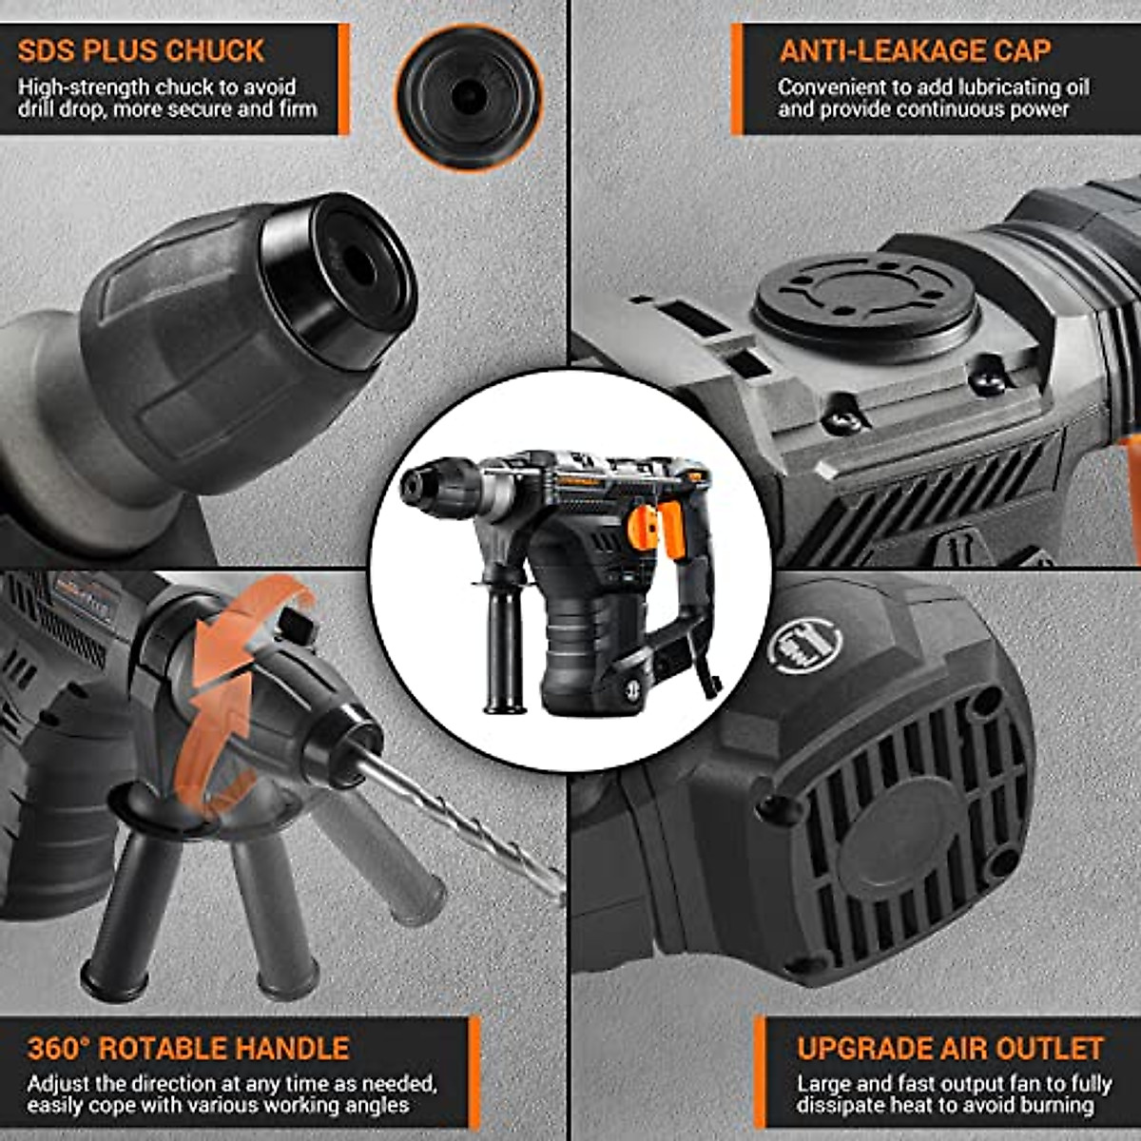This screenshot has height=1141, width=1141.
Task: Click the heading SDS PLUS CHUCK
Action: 141,50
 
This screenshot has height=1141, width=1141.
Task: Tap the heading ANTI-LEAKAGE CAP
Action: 915,50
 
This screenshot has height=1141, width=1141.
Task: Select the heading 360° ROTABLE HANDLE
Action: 188,1048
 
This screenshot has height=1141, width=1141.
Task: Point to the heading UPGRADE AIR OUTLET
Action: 950,1048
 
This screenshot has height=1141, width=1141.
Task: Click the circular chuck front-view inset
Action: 469,96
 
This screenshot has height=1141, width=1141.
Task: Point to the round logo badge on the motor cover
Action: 804,647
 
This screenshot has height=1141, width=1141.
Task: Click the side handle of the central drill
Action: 504,647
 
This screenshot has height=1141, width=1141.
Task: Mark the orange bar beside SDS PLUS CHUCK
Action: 344,79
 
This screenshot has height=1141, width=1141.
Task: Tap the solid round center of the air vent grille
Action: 889,827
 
